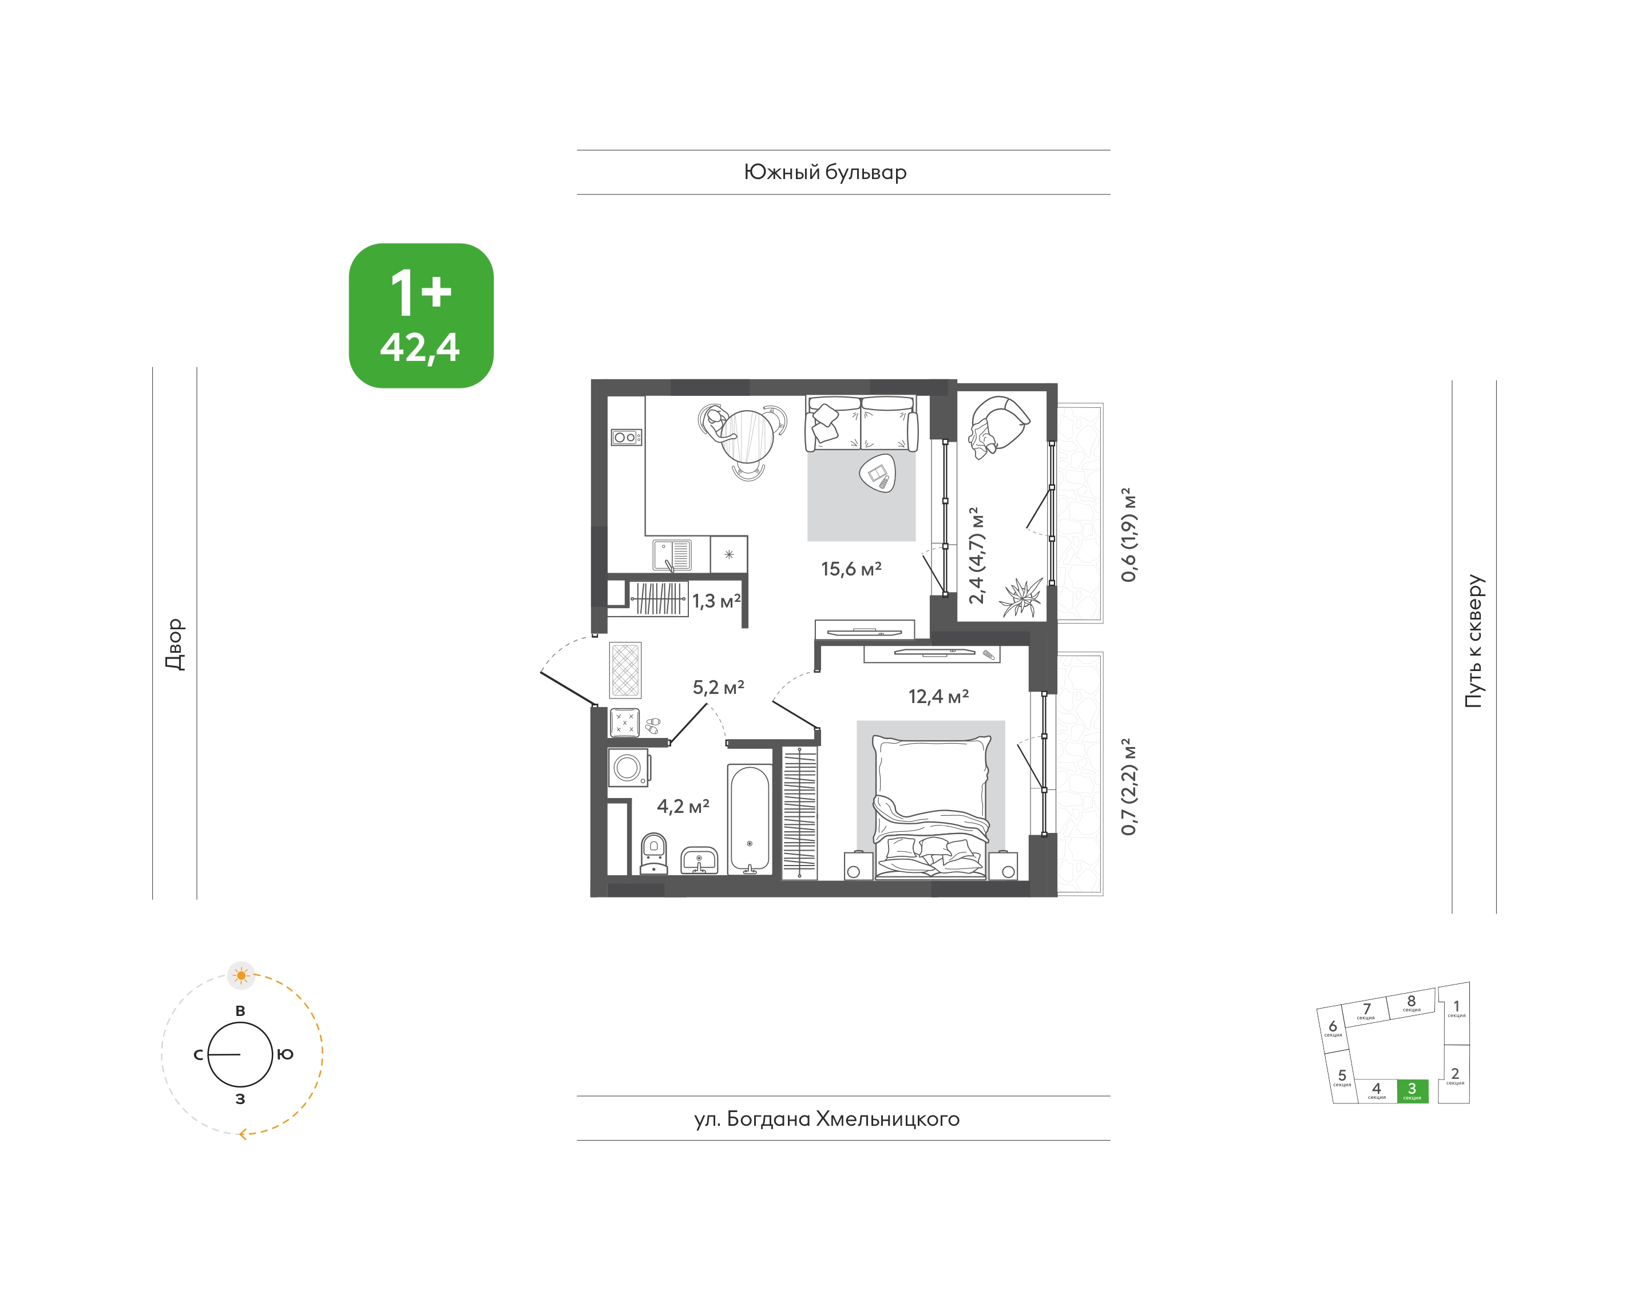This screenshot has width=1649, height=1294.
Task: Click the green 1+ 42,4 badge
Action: (x=421, y=316)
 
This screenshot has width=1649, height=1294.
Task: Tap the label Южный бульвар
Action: (x=825, y=173)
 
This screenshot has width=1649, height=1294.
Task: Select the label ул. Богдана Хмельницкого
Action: (x=827, y=1119)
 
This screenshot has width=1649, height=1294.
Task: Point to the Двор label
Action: (x=175, y=644)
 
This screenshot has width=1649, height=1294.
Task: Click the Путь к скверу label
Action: (x=1474, y=641)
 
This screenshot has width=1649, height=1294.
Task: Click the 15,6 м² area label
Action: (x=851, y=569)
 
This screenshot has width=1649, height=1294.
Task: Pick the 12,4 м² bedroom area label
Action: (x=938, y=696)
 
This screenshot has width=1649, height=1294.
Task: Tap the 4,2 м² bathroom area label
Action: (x=683, y=806)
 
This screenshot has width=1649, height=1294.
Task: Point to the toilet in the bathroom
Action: (x=654, y=854)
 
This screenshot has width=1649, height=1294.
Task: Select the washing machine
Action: (x=628, y=768)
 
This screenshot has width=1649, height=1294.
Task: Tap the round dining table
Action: (x=747, y=436)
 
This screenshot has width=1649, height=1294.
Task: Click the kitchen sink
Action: (x=672, y=554)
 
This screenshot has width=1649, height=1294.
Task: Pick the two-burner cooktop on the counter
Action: (x=627, y=437)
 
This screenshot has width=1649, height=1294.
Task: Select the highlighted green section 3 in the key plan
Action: (x=1413, y=1091)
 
